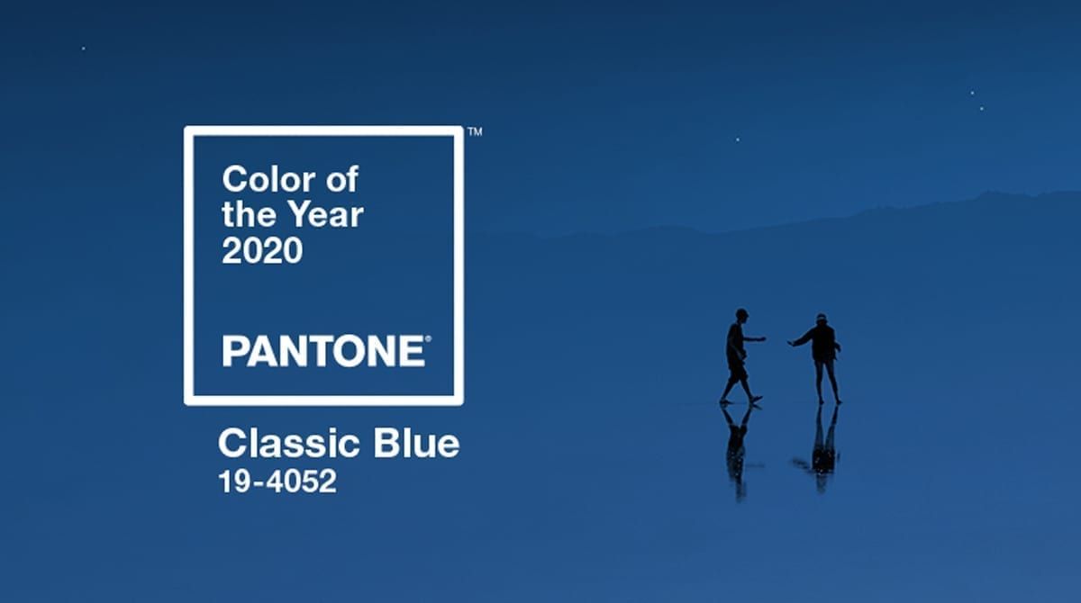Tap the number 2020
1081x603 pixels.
[x=262, y=250]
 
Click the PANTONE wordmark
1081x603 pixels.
[x=323, y=351]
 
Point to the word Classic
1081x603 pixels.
[x=289, y=443]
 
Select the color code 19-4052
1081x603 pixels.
[x=277, y=481]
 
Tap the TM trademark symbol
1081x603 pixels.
[x=475, y=131]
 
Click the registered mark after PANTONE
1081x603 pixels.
[x=428, y=339]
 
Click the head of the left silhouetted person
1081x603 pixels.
[x=741, y=315]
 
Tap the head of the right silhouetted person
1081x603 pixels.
[x=822, y=319]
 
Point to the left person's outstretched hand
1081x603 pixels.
[x=761, y=339]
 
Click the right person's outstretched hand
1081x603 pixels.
[x=792, y=343]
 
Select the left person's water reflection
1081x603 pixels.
[x=738, y=451]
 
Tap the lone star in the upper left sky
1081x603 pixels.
[x=84, y=49]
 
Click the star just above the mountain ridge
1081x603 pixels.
[x=738, y=139]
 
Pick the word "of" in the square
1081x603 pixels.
[x=342, y=179]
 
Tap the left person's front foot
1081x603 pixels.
[x=756, y=400]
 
